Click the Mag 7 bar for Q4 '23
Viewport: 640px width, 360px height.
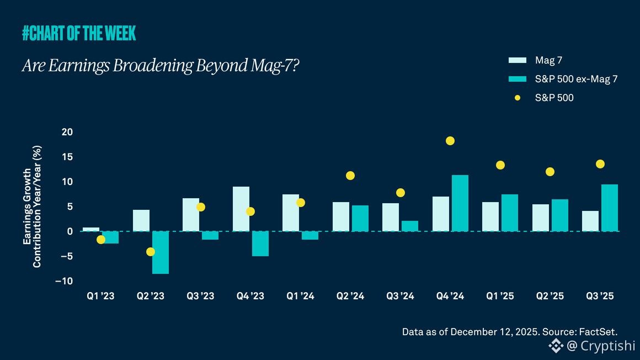click(x=241, y=209)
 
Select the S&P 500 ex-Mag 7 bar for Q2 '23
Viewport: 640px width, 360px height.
click(x=161, y=252)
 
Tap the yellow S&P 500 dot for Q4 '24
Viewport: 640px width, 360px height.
click(x=450, y=141)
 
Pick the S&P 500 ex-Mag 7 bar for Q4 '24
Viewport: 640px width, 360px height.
click(x=460, y=203)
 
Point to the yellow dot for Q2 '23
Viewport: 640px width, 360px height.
click(x=151, y=252)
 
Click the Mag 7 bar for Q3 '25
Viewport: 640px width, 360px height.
click(x=590, y=221)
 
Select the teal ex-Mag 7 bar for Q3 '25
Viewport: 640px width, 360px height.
click(x=610, y=208)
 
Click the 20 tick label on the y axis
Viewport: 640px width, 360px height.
click(x=67, y=132)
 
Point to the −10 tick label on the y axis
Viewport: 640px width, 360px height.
click(x=65, y=281)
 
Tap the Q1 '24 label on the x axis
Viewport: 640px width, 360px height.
click(x=300, y=297)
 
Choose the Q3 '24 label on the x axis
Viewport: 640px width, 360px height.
click(x=400, y=297)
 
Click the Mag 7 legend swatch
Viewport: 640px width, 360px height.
click(x=518, y=60)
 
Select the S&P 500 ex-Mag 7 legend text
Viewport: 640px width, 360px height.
click(x=576, y=79)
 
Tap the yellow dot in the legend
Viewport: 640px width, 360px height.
click(x=518, y=98)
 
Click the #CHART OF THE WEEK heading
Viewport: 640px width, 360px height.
click(x=79, y=34)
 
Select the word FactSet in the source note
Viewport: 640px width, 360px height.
click(x=599, y=332)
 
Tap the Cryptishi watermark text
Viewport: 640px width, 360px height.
click(x=606, y=346)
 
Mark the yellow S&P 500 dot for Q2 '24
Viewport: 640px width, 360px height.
click(x=350, y=176)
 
